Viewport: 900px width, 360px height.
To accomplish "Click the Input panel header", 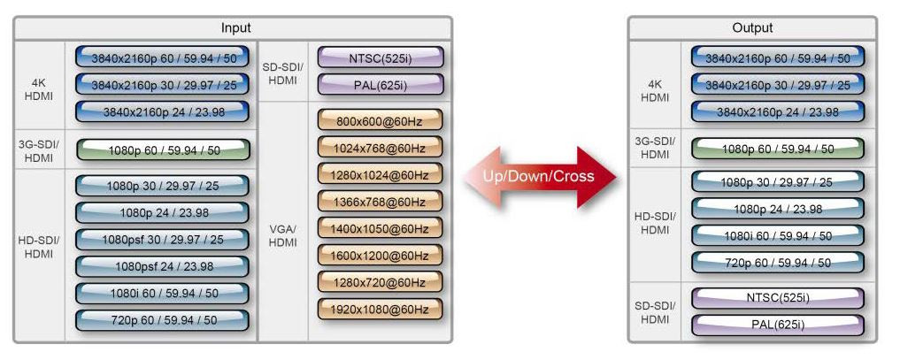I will coord(233,28).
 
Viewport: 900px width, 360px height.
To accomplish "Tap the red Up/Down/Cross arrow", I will coord(539,176).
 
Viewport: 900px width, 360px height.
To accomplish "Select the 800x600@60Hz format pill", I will coord(379,120).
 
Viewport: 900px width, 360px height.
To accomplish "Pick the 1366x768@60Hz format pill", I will coord(379,203).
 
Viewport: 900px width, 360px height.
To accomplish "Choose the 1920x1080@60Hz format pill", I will coord(379,310).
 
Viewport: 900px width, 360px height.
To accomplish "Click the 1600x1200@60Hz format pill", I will coord(379,257).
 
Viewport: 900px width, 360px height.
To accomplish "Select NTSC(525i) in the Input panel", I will coord(379,59).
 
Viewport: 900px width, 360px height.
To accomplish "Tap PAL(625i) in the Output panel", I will coord(778,325).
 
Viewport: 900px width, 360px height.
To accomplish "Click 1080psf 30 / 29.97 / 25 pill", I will coord(162,240).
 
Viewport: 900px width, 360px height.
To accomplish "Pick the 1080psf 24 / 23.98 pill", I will coord(162,266).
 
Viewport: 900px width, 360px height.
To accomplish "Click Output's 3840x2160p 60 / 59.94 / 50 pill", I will coord(778,58).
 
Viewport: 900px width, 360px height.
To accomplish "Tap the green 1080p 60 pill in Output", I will coord(778,149).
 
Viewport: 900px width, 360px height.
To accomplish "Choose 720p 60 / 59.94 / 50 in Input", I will coord(162,320).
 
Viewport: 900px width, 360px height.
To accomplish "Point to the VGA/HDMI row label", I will coord(282,236).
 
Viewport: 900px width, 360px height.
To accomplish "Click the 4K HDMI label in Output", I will coord(655,91).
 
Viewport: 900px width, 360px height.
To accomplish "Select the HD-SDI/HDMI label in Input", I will coord(39,247).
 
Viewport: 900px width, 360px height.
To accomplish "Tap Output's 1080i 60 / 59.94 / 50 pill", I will coord(778,236).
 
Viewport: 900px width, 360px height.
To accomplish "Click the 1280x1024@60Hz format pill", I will coord(379,175).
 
